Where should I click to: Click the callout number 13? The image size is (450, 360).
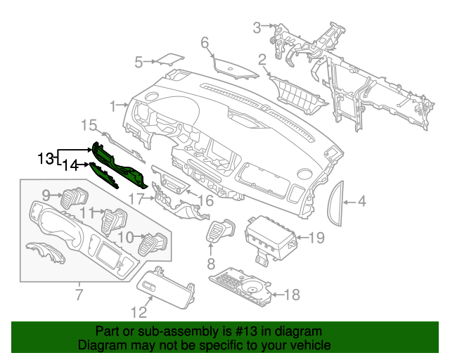46,158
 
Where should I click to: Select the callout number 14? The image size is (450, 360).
70,165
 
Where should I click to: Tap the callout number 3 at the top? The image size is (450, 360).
257,27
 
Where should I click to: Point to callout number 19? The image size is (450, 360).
316,238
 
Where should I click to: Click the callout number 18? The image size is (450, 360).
292,294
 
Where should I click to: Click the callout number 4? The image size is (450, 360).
361,202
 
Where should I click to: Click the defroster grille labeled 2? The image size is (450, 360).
297,91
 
